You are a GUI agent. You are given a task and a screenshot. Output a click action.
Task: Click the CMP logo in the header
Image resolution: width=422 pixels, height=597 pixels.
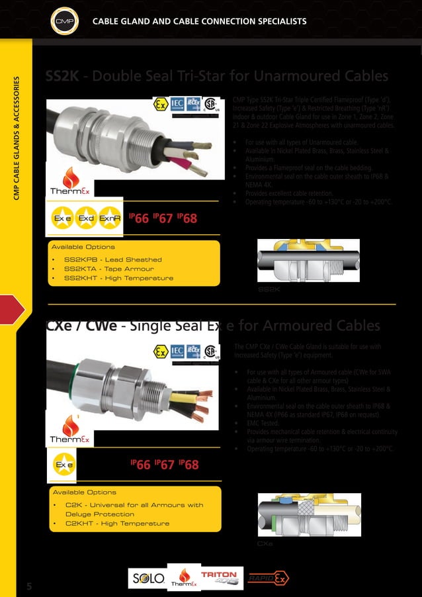tap(65, 22)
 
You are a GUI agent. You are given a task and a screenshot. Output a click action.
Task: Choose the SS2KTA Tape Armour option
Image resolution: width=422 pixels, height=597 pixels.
tap(108, 269)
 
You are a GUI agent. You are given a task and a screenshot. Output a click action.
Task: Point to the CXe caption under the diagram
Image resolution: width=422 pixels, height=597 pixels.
tap(265, 543)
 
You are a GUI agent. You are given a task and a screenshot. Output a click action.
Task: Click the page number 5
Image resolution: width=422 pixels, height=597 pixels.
tap(29, 586)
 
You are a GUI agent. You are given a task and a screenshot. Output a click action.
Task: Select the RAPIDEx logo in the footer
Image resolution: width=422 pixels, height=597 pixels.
tap(268, 578)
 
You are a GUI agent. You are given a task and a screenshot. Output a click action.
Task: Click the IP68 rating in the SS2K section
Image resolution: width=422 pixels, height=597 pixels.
tap(187, 218)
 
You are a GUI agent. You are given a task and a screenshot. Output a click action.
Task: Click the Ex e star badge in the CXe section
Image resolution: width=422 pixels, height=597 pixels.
tap(64, 465)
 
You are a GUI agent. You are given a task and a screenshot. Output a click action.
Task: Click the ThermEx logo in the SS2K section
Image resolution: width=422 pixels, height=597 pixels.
tap(66, 182)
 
